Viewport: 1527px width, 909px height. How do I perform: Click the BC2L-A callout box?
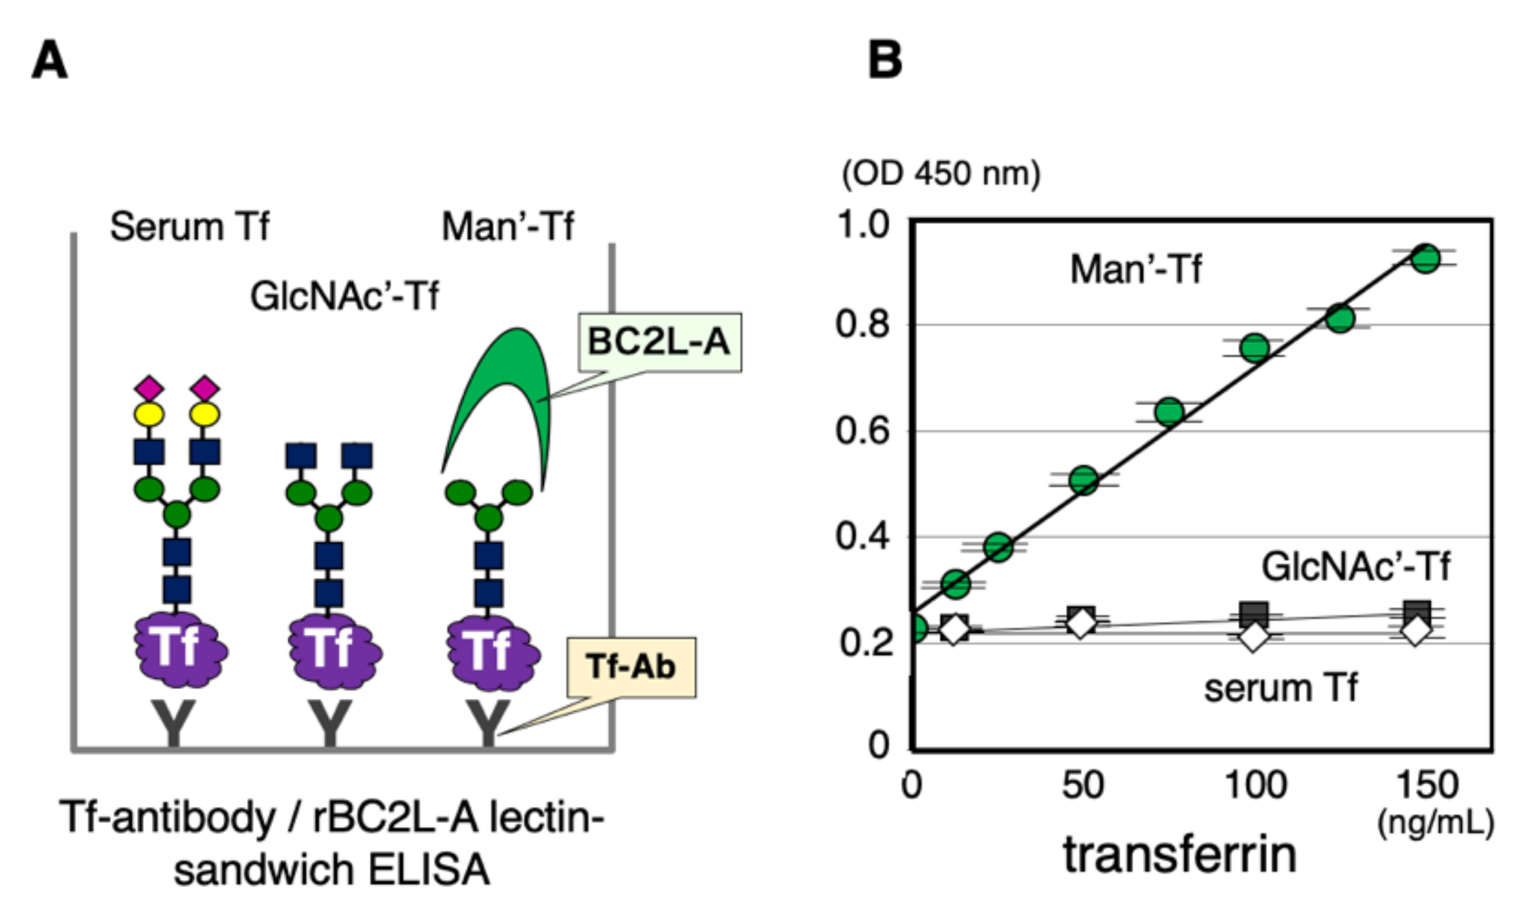pos(659,342)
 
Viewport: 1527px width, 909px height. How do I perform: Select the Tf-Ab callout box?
pos(631,666)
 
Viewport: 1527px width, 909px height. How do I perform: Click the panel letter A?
pos(50,60)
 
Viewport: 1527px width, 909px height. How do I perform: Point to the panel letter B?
pos(885,60)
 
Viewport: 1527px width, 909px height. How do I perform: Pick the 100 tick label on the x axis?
pos(1255,785)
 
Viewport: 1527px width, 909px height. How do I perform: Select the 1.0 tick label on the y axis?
pos(863,224)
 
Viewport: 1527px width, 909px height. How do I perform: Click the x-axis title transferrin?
pos(1180,855)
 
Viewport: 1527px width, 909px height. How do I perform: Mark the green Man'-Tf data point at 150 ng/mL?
pos(1425,259)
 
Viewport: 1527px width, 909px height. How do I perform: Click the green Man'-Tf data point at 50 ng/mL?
pos(1084,480)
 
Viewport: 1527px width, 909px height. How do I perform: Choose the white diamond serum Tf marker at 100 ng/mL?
pos(1253,636)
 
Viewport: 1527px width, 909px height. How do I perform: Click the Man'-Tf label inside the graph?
pos(1136,269)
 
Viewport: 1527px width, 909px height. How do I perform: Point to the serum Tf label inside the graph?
pos(1281,689)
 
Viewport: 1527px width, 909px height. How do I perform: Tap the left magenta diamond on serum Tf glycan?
pos(149,388)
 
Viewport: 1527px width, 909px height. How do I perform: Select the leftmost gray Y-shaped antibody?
pos(174,722)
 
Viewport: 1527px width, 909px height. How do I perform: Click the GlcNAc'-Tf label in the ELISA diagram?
pos(344,296)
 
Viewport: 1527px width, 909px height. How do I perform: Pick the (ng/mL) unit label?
pos(1436,822)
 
